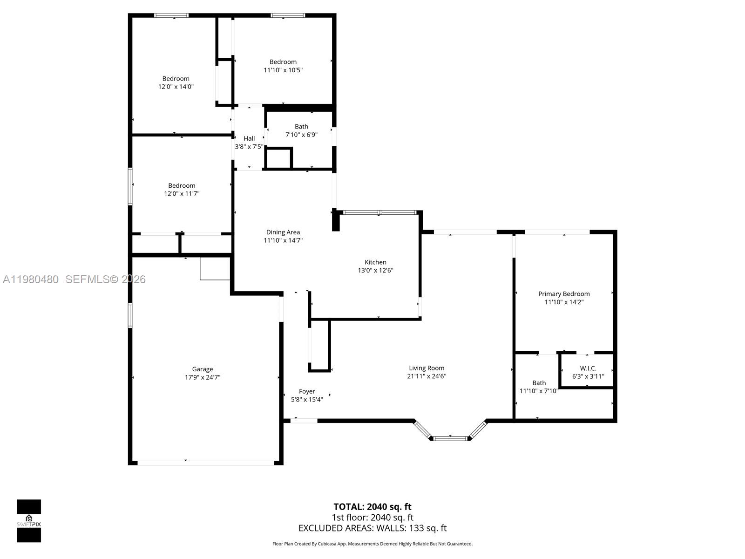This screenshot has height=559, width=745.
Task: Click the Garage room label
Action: [202, 369]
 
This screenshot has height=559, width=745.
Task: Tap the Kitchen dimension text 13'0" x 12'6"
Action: [375, 270]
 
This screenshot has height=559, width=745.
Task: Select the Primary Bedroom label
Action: [564, 293]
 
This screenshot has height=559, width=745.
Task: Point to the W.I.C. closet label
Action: [588, 368]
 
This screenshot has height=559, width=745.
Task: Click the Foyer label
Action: [307, 391]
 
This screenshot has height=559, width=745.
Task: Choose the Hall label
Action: [249, 138]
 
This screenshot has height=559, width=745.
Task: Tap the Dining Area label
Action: [283, 232]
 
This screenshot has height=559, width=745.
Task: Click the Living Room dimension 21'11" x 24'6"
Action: [427, 376]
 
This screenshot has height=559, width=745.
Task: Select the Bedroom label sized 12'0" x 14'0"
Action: [176, 78]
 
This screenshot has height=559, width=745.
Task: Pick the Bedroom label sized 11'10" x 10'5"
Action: [283, 61]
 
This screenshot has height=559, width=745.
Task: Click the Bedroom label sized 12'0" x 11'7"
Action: [182, 185]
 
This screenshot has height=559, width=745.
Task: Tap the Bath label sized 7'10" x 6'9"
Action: [301, 126]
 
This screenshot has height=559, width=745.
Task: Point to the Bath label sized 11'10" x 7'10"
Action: [539, 383]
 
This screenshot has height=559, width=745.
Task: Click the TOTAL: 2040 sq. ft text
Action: [372, 507]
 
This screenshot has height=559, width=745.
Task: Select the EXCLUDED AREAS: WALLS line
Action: [372, 528]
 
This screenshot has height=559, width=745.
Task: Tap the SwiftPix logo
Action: [29, 521]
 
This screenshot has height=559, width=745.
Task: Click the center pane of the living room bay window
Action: [450, 438]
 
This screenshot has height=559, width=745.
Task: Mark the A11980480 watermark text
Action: [31, 279]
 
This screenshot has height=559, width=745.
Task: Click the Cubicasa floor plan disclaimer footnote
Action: [372, 544]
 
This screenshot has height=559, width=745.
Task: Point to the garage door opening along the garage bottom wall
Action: [205, 463]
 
